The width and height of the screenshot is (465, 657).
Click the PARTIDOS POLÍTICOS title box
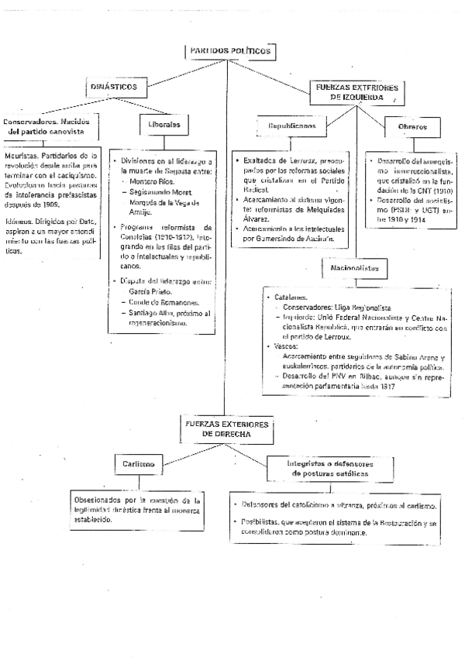230,51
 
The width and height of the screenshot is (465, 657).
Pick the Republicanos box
292,125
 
